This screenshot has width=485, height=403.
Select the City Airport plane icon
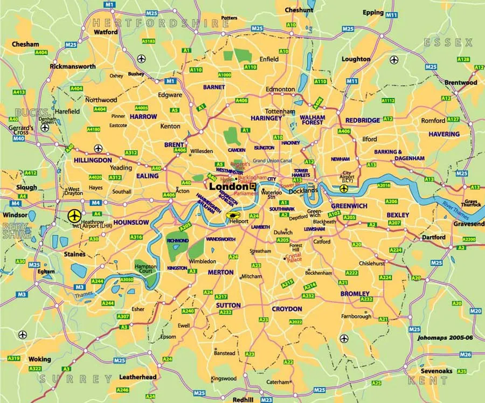coord(344,188)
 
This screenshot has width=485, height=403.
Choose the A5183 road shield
coord(149,41)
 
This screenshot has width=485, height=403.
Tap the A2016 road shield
coord(384,185)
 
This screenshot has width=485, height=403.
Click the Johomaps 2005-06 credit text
coord(446,338)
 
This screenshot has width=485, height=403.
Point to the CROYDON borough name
coord(287,309)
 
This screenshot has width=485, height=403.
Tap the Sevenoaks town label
coord(436,371)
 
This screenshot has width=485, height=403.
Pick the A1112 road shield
coord(388,100)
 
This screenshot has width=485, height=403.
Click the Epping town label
coord(373,12)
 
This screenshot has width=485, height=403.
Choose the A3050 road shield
coord(126,280)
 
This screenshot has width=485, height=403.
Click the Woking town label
coord(39,359)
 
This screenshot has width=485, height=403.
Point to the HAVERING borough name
coord(444,134)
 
